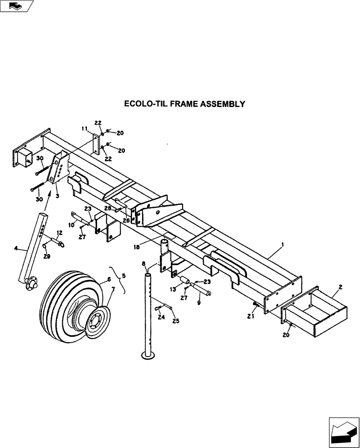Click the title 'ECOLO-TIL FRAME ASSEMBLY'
click(184, 104)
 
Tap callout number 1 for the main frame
click(283, 246)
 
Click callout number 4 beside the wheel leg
click(109, 279)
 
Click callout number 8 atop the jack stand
click(144, 264)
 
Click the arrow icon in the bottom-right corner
click(343, 431)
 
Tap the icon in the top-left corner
click(17, 6)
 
